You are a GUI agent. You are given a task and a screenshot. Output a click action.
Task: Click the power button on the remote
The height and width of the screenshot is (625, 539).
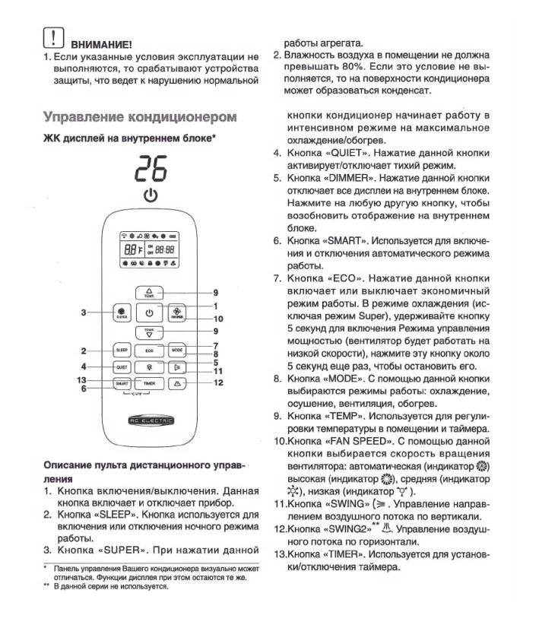click(150, 312)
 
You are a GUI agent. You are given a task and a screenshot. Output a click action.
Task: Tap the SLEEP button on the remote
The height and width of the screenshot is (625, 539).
click(122, 350)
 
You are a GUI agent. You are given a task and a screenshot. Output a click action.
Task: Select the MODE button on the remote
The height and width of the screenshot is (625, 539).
click(177, 350)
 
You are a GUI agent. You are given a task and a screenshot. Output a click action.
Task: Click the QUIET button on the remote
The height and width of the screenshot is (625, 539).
click(122, 366)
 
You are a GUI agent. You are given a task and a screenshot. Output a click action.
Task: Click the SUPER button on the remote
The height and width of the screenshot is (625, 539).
click(122, 312)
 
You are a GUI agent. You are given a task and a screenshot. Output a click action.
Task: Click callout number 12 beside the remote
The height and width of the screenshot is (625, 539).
click(218, 382)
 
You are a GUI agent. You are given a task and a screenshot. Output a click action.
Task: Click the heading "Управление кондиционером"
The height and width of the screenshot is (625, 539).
click(140, 117)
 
